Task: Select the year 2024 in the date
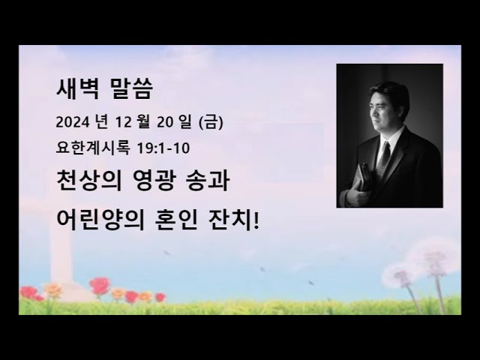coord(70,121)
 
